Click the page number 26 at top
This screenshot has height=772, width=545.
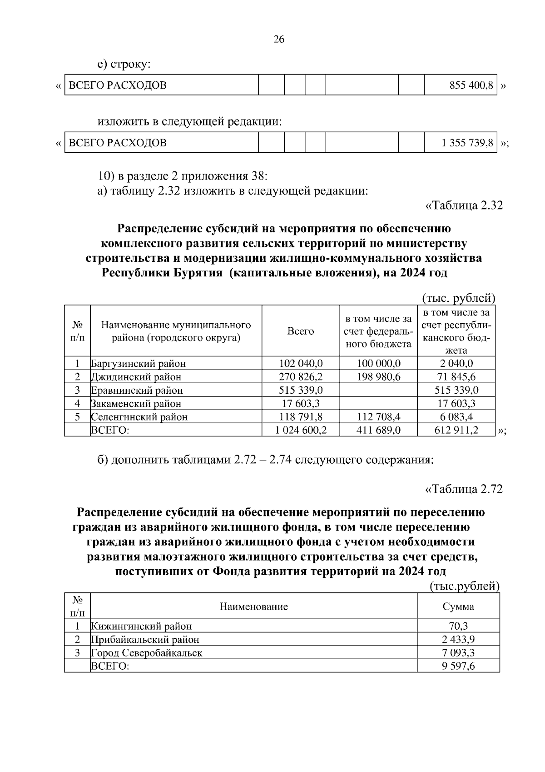coord(278,40)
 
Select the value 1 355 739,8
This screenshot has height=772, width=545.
coord(467,143)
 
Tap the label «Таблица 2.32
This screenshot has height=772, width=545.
coord(464,205)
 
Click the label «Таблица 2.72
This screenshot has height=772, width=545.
coord(464,489)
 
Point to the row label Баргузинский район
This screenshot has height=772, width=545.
coord(139,364)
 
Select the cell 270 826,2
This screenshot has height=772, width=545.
coord(301,377)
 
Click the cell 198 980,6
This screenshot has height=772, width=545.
coord(379,377)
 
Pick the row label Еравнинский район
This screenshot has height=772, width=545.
coord(137,390)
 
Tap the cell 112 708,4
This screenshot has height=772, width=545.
coord(379,416)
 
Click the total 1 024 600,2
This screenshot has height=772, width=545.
coord(301,430)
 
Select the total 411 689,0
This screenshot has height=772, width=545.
coord(379,430)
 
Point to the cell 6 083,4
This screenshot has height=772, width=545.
coord(456,416)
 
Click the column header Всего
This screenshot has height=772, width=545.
coord(301,331)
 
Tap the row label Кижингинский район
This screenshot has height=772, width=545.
coord(141,626)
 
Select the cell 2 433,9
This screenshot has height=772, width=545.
coord(458,639)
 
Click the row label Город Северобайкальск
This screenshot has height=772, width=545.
coord(147,653)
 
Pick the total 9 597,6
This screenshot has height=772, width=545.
coord(458,666)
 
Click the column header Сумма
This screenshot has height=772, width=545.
coord(458,607)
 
